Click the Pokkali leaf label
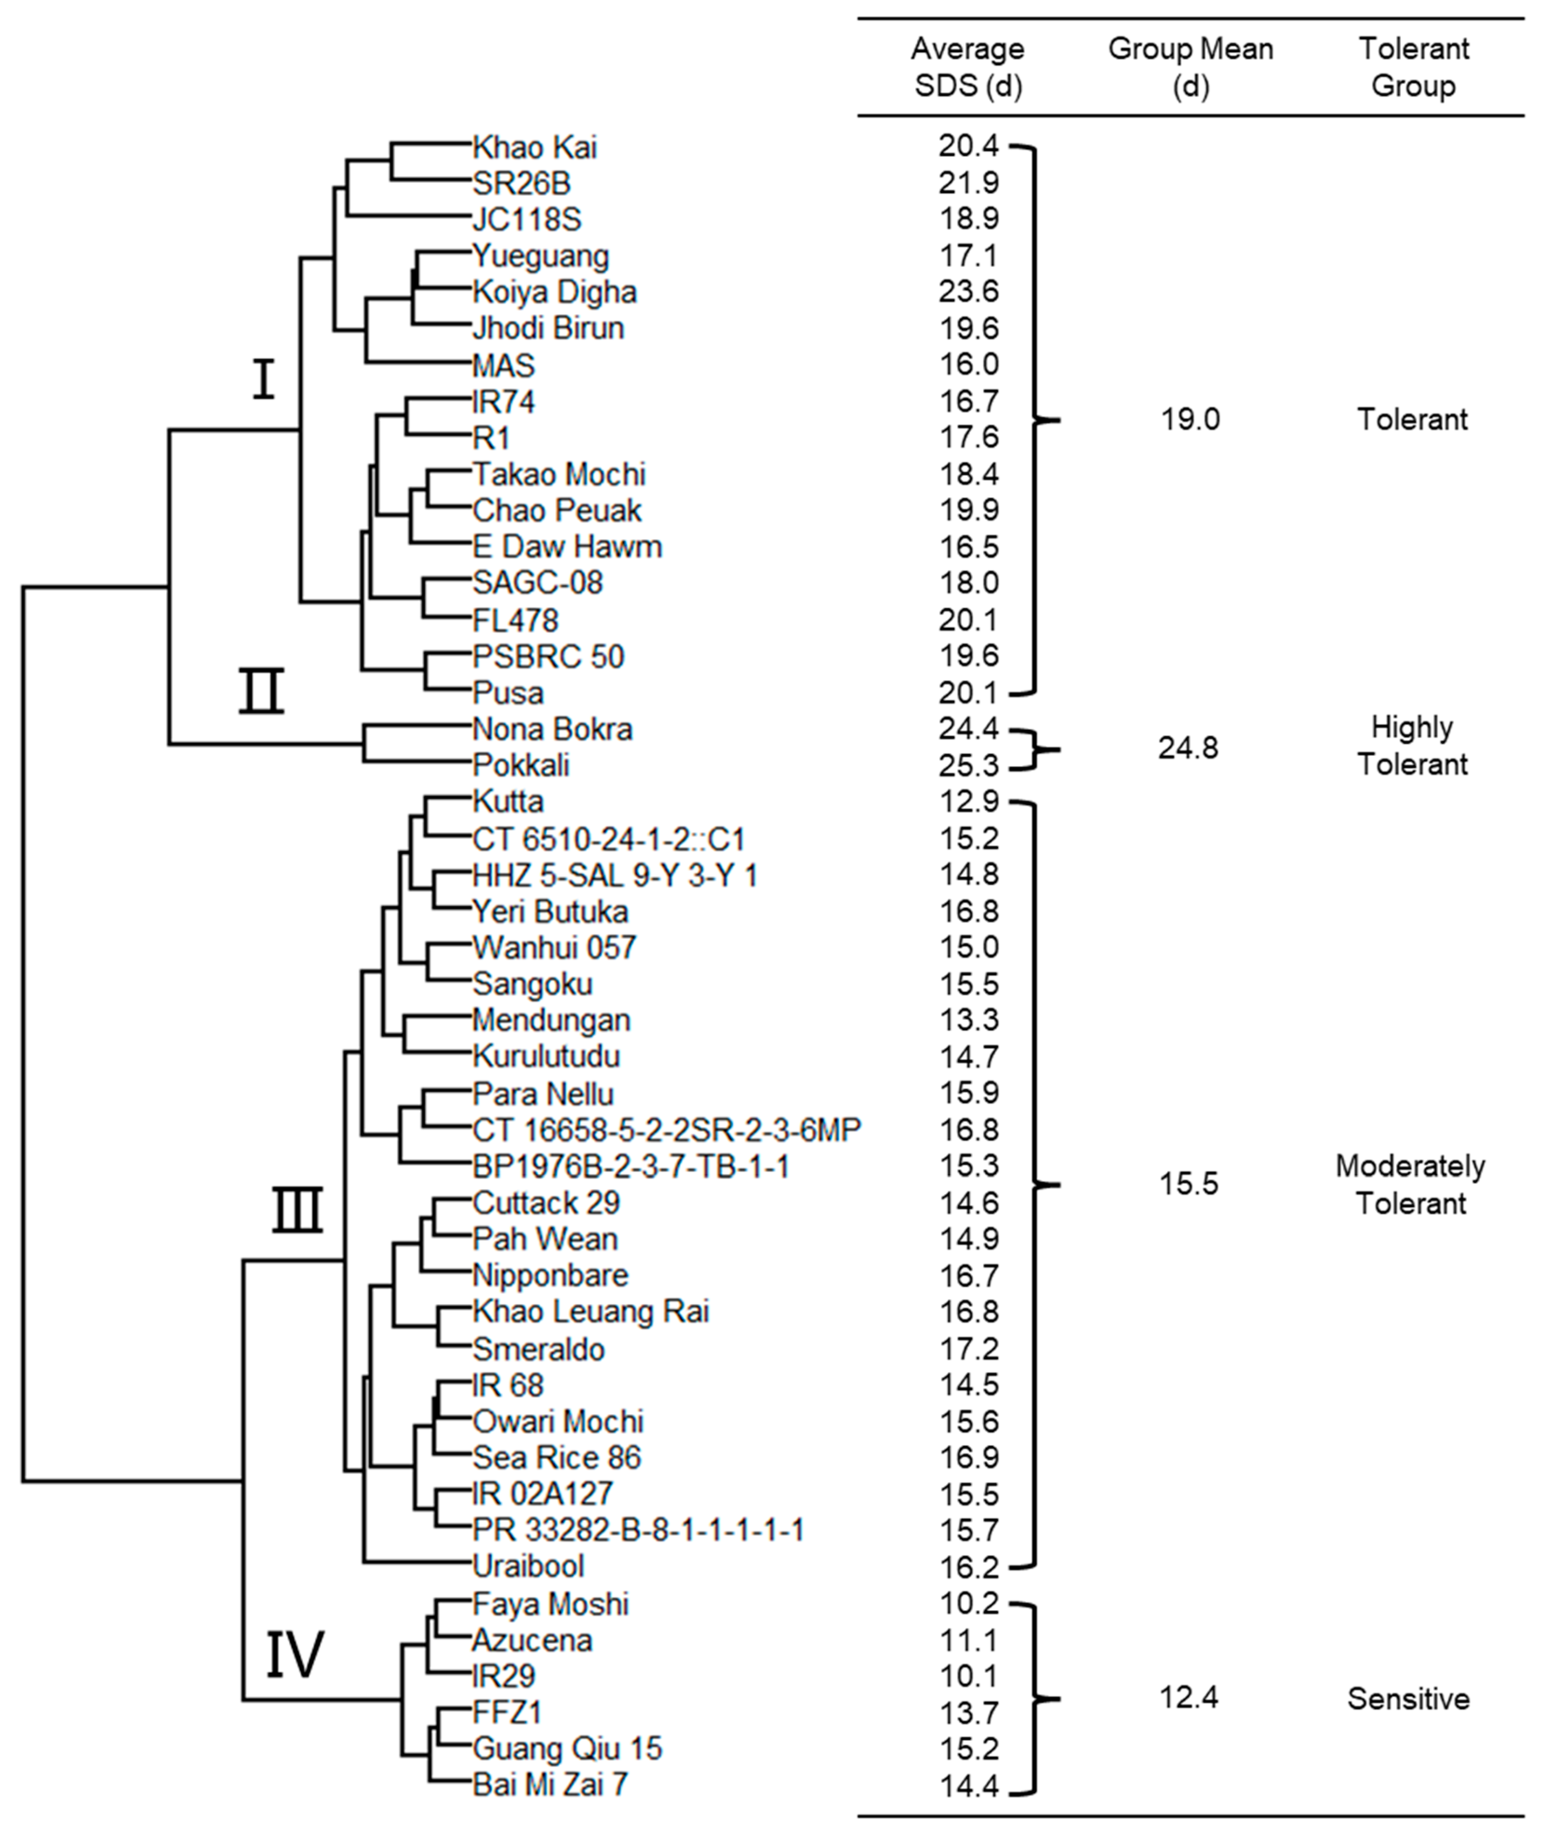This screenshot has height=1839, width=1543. pos(521,766)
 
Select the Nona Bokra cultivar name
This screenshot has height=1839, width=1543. pos(552,729)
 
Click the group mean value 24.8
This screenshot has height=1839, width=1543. pos(1189,749)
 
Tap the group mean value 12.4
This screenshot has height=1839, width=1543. pos(1189,1698)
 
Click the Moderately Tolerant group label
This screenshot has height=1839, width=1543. pos(1410,1185)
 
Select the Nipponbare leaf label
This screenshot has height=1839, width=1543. pos(550,1275)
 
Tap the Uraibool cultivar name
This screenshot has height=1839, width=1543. pos(528,1566)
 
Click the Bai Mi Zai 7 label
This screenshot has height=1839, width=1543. pos(550,1785)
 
